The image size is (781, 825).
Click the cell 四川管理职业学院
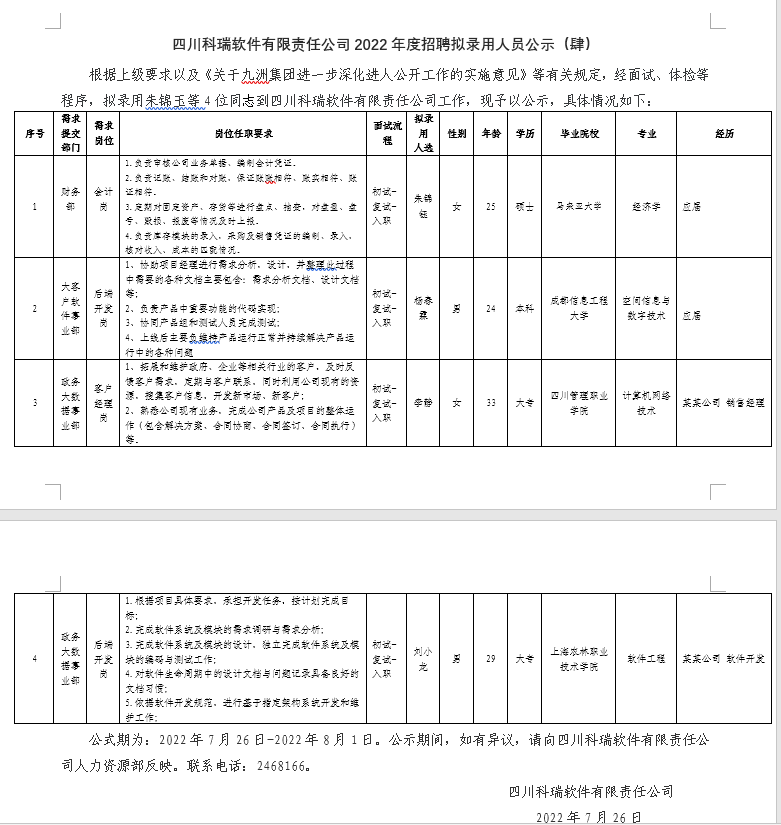[x=579, y=402]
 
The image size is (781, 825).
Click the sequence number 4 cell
[x=35, y=659]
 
